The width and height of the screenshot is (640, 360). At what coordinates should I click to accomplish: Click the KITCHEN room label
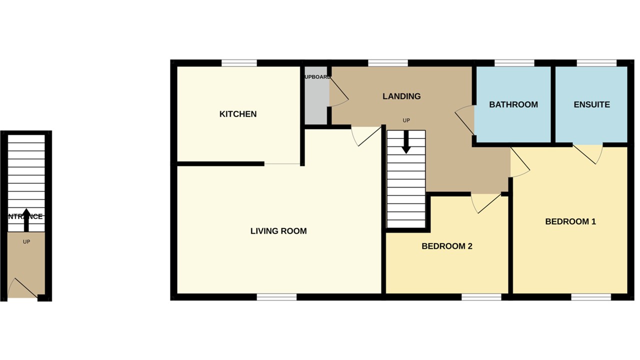coord(238,114)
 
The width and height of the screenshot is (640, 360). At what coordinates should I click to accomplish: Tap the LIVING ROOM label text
coord(278,231)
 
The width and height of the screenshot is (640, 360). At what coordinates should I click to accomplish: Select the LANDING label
coord(401,96)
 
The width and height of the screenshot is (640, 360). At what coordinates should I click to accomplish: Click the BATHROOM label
coord(513,104)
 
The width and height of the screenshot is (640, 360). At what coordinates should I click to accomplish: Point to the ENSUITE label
coord(591,104)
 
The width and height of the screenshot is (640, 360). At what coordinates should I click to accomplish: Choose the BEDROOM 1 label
coord(570,221)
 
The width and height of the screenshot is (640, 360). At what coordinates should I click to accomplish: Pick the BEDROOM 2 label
coord(447,246)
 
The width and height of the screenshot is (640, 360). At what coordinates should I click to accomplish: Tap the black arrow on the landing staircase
coord(406,142)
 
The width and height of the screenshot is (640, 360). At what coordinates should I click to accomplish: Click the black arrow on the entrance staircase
coord(26,220)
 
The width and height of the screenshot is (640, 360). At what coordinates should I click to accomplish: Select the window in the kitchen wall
coord(239,63)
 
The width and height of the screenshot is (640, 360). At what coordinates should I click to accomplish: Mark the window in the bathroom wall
coord(514,63)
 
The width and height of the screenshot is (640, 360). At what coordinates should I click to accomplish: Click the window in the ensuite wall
coord(596,63)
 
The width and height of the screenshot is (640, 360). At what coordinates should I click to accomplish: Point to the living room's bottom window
coord(276,297)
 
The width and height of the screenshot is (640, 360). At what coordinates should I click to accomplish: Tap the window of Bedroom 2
coord(481,297)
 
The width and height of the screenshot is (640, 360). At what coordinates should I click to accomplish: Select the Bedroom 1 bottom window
coord(591,297)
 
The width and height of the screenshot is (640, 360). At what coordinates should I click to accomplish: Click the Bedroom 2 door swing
coord(485,202)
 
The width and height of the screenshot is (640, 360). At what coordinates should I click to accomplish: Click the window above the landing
coord(388,63)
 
